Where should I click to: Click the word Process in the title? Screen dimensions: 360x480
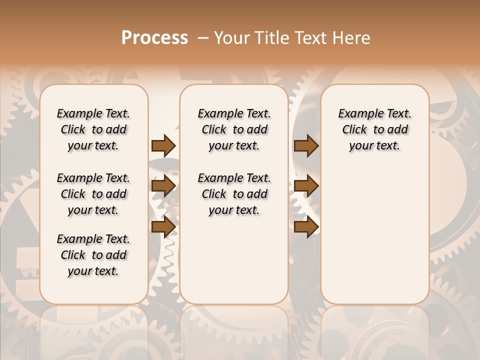pos(154,37)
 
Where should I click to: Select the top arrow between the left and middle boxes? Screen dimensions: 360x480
pos(163,145)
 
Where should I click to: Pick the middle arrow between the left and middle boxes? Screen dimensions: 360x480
pos(163,186)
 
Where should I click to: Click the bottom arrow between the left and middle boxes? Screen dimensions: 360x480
pos(163,226)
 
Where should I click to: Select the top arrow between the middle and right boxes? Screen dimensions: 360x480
pos(306,145)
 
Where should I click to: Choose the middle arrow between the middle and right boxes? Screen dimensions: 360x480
pos(306,186)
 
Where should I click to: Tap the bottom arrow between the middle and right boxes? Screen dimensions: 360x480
pos(306,226)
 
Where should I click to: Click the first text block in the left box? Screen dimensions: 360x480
pos(93,129)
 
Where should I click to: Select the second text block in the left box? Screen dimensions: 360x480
pos(93,194)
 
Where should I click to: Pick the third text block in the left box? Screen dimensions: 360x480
pos(93,255)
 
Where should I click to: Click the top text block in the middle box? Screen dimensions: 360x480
pos(234,129)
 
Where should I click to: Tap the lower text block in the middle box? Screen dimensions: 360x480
pos(234,194)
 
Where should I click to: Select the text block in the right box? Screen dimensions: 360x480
pos(375,129)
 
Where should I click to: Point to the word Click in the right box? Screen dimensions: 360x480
pos(354,130)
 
